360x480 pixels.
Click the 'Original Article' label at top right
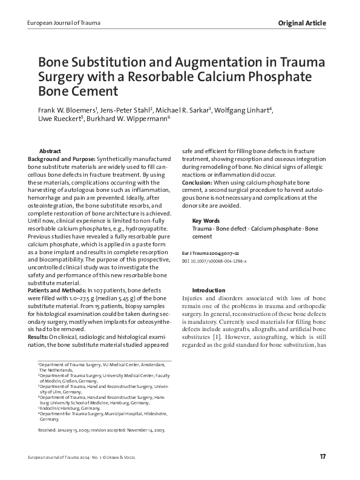[302, 23]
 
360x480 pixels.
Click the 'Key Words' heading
[206, 220]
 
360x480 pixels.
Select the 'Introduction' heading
[209, 291]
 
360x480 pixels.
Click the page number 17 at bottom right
[323, 455]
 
